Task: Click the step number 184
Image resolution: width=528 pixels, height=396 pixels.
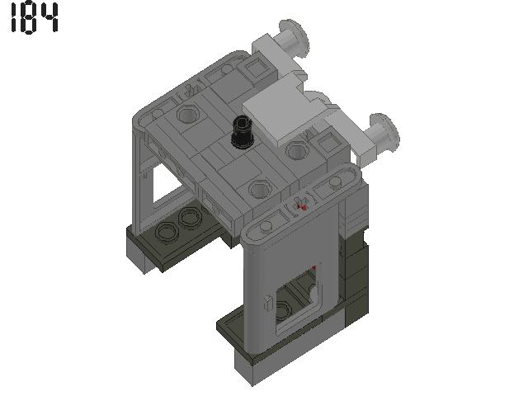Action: (x=34, y=18)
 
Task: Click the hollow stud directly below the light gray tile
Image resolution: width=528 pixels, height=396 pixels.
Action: (x=297, y=151)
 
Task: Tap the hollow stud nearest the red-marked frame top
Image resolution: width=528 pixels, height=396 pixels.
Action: (x=260, y=191)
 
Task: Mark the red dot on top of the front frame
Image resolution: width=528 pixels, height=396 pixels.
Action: (x=303, y=206)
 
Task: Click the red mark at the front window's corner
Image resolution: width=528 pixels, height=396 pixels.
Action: (x=314, y=268)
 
